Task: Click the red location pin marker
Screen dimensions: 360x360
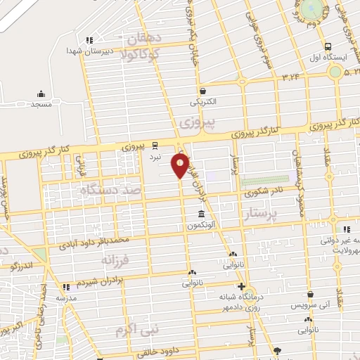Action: point(180,167)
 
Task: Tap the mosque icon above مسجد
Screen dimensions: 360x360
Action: point(41,94)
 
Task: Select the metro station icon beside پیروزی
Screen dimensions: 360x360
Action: point(155,147)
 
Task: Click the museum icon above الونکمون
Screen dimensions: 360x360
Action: point(202,214)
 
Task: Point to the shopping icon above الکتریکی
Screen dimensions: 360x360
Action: point(202,91)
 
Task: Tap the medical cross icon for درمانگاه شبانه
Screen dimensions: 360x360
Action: point(241,286)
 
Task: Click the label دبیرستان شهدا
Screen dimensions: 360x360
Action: point(90,51)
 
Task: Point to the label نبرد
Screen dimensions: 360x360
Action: point(155,157)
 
